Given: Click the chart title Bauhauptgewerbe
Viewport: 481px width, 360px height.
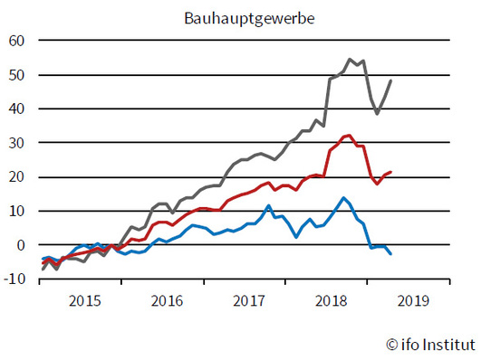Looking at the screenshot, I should (x=240, y=17).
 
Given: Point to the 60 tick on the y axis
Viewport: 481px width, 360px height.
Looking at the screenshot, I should (x=18, y=41).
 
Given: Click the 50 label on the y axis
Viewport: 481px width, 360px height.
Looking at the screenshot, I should (x=18, y=75).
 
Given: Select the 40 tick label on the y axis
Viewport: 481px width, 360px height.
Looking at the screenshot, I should (x=18, y=109).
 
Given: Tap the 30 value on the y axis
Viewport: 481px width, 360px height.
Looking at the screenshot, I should (x=18, y=143).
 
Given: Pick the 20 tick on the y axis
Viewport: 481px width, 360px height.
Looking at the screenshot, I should (x=18, y=177).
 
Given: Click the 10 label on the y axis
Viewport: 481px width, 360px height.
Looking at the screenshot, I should (x=18, y=211).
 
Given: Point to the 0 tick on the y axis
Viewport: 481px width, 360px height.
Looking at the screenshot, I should (x=22, y=245).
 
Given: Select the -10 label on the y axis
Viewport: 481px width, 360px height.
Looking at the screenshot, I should (x=15, y=279).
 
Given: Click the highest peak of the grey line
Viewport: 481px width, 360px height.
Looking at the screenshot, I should (x=350, y=60).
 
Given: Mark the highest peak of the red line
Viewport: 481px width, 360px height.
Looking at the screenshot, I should (x=350, y=136).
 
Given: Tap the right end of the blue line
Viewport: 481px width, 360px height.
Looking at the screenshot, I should (x=391, y=254).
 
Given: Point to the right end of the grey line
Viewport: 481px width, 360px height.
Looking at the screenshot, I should (x=391, y=81).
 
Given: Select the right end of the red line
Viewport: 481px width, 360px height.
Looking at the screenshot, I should (x=391, y=172).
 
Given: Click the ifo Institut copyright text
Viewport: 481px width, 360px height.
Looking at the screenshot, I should (x=426, y=344).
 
